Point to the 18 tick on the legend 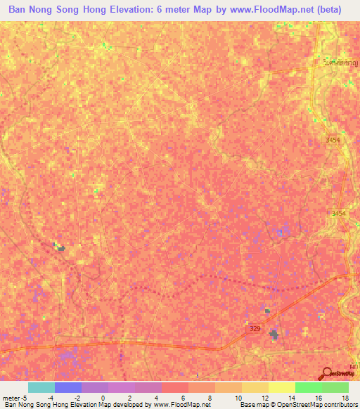345,398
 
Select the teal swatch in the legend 41,387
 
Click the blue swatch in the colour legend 68,387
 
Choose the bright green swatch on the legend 309,387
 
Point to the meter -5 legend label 15,398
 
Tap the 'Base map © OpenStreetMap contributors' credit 298,405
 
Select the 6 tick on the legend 182,398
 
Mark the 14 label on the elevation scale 290,398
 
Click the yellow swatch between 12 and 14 282,387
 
